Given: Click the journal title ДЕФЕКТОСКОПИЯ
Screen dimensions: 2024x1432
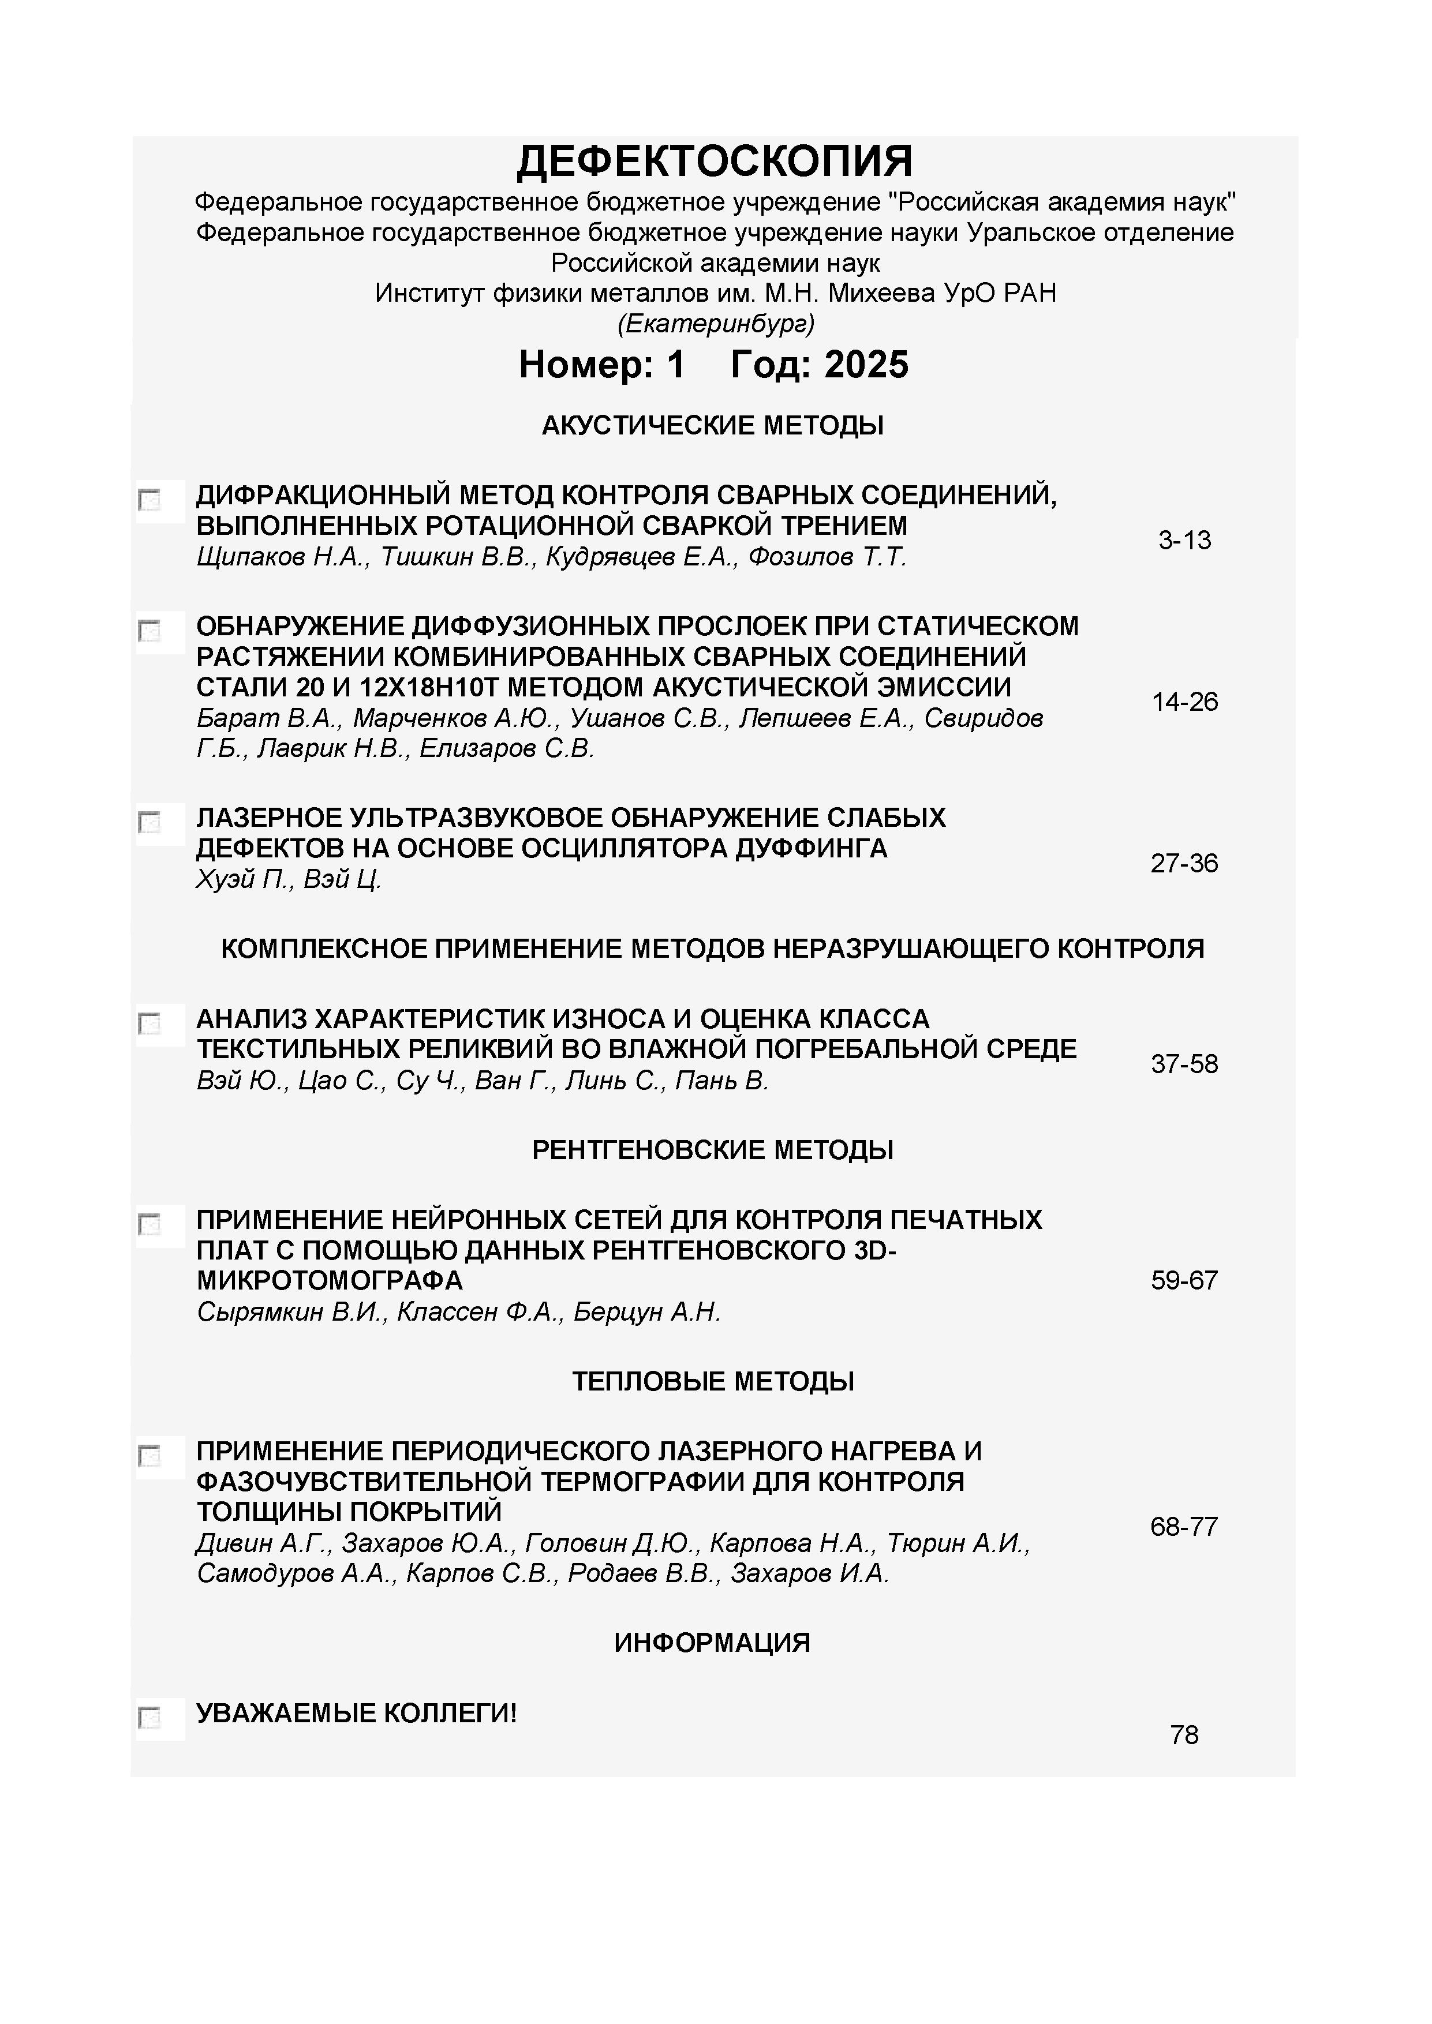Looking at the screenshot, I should point(714,162).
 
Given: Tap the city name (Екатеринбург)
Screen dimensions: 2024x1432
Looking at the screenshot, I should point(715,324).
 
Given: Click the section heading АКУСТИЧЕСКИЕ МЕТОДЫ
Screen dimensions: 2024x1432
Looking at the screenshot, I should point(712,426).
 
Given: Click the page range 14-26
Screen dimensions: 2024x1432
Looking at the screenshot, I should point(1184,702).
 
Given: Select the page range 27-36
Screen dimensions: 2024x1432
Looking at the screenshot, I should point(1184,863).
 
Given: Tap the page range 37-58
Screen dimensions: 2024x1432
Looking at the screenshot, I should point(1184,1064).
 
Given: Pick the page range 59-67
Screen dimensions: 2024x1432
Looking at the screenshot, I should point(1184,1280).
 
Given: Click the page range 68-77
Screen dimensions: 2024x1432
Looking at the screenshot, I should point(1184,1526).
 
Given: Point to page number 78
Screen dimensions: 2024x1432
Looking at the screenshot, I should point(1184,1735).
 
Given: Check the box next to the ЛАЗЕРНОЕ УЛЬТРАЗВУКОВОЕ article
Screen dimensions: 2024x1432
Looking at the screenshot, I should point(150,823).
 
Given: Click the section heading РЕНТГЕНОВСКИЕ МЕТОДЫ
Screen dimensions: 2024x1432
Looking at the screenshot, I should point(712,1150).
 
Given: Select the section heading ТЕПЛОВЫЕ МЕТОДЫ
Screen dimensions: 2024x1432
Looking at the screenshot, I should point(712,1381).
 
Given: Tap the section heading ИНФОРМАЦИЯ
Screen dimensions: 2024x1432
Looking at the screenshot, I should point(712,1642).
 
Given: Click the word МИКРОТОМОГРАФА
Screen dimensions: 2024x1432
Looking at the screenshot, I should point(329,1280).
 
